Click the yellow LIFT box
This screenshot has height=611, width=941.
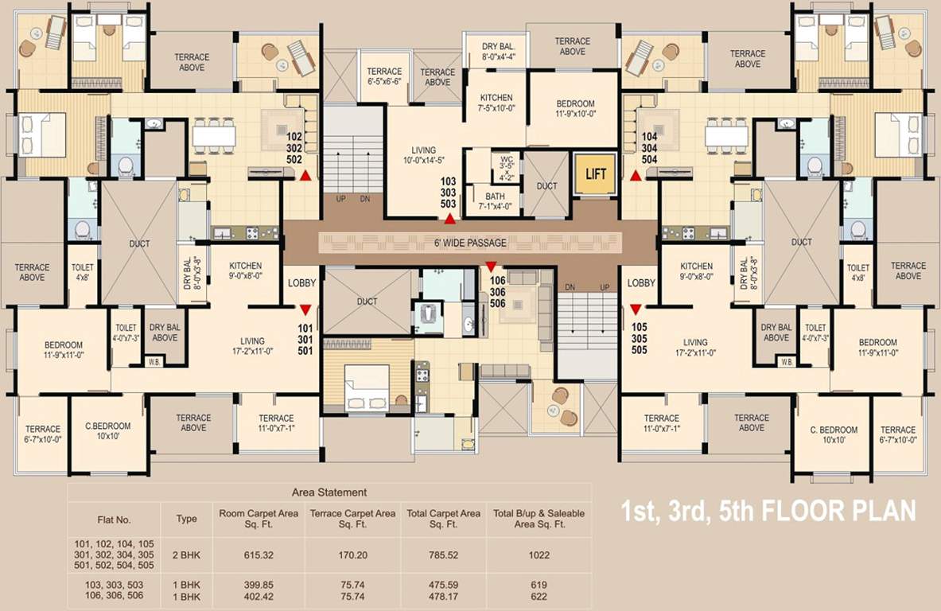point(595,174)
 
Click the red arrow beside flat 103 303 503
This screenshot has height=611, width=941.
point(450,217)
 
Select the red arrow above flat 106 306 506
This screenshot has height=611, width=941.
point(491,267)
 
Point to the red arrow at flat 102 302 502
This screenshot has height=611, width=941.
point(305,176)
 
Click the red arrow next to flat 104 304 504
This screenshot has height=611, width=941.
point(636,176)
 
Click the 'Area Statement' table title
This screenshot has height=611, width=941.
point(329,492)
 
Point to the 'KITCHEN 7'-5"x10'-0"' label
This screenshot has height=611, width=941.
point(496,103)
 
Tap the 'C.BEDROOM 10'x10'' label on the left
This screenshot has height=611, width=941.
point(108,431)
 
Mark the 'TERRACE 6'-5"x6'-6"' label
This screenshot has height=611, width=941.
point(384,76)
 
